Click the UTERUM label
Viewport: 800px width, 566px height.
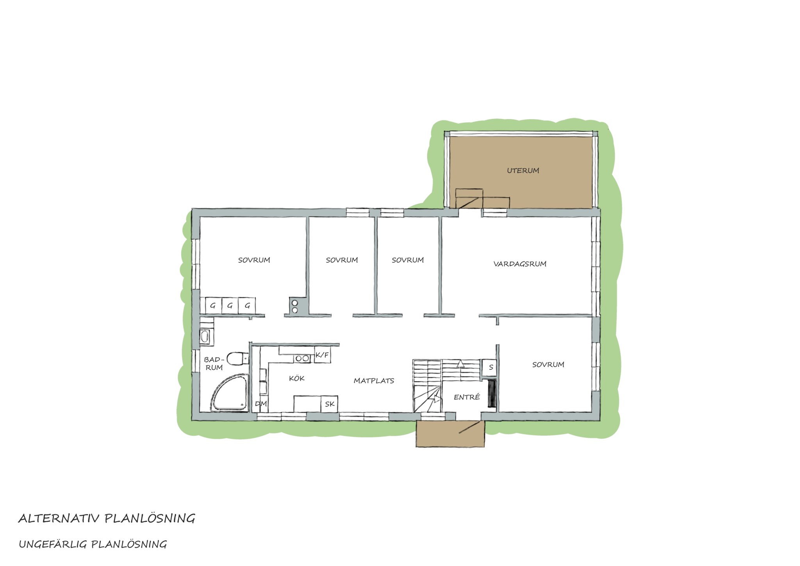523,170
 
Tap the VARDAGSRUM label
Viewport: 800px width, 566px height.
520,264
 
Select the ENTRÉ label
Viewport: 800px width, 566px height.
467,397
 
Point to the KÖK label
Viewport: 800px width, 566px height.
297,378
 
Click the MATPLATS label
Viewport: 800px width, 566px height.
374,380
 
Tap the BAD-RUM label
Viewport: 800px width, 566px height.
214,364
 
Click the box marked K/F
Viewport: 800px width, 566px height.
322,355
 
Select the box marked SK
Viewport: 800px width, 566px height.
329,404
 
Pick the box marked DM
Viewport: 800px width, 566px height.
261,404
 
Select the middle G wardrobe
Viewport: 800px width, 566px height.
230,305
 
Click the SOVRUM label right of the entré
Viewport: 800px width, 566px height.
548,365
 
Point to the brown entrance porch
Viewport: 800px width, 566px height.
450,434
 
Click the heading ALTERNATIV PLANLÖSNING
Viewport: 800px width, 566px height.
107,518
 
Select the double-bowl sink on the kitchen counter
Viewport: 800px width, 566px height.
302,358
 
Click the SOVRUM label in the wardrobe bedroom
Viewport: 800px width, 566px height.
254,260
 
